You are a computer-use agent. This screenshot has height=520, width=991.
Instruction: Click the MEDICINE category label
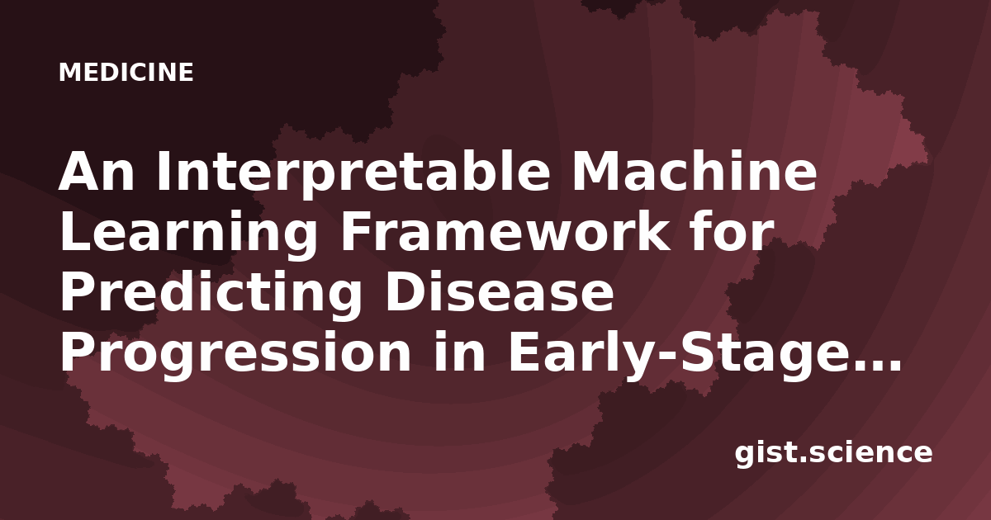pyautogui.click(x=126, y=72)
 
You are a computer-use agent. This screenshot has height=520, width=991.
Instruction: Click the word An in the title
pyautogui.click(x=96, y=171)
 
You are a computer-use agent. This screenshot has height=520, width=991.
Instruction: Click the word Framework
pyautogui.click(x=505, y=231)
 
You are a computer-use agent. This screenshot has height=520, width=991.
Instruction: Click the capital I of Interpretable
pyautogui.click(x=164, y=171)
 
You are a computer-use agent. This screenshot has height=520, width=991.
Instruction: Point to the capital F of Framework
pyautogui.click(x=356, y=232)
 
